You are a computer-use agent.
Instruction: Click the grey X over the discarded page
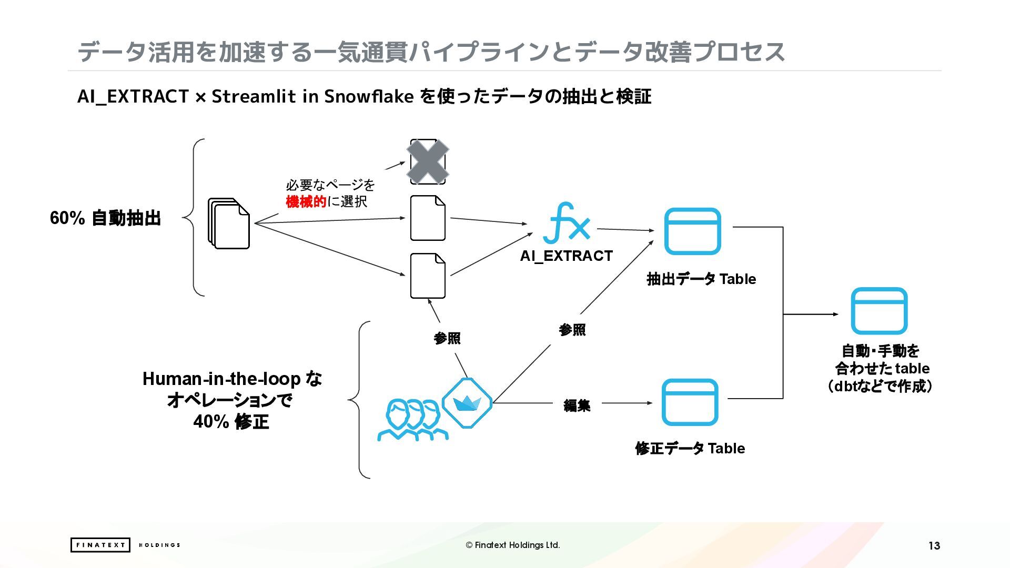(x=428, y=161)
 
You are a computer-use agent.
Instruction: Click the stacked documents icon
(x=229, y=223)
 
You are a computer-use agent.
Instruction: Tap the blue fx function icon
(x=566, y=223)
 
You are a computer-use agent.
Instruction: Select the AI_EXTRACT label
(x=566, y=256)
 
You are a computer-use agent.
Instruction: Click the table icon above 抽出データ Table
(x=692, y=231)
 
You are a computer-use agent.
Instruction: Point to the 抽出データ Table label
(x=701, y=279)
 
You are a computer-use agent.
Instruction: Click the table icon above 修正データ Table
(x=690, y=402)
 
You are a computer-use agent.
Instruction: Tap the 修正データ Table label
(x=690, y=448)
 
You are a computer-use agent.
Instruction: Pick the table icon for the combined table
(x=879, y=311)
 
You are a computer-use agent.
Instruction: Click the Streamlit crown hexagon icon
(x=467, y=403)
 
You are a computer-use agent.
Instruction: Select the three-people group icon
(x=412, y=420)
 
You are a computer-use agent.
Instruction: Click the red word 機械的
(x=306, y=201)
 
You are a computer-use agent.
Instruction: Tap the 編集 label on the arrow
(x=577, y=405)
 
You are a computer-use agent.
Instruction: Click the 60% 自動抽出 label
(x=105, y=218)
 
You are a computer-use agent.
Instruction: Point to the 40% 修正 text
(x=231, y=421)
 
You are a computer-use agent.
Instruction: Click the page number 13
(x=934, y=545)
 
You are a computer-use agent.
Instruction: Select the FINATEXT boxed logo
(x=100, y=545)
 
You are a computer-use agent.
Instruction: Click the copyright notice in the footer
(x=513, y=545)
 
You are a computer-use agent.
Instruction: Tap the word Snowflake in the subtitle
(x=368, y=96)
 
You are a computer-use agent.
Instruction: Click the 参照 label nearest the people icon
(x=447, y=338)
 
